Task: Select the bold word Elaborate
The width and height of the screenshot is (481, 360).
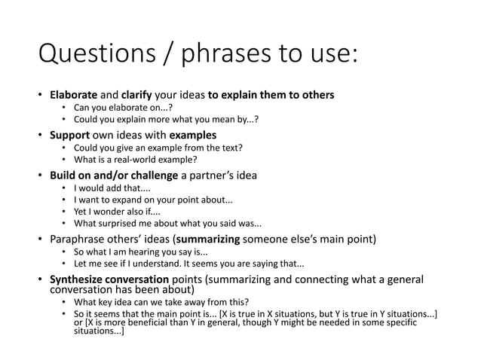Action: (74, 96)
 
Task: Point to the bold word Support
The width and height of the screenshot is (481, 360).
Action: (71, 136)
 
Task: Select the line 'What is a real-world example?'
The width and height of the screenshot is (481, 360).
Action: (134, 159)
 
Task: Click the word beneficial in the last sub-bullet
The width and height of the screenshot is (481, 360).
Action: (147, 322)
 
